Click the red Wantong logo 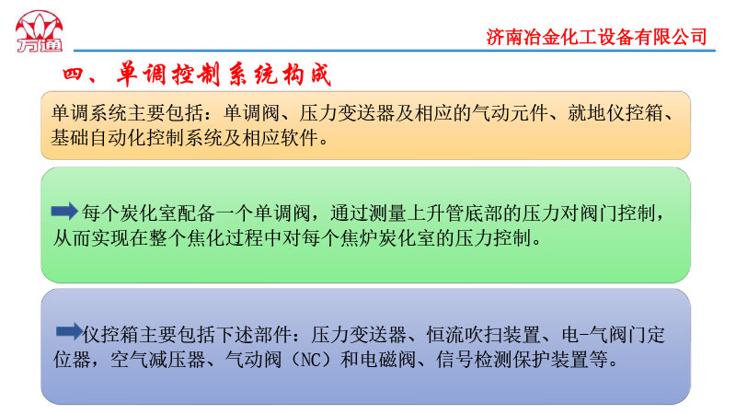[39, 31]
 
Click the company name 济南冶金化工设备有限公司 [596, 37]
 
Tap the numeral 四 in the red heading [73, 75]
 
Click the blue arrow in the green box [64, 212]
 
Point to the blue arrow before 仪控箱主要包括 [69, 332]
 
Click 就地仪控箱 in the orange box [615, 112]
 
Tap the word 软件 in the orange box [299, 137]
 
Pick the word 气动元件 [510, 112]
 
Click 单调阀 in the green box [282, 213]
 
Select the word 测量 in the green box [387, 213]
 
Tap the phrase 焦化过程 [224, 238]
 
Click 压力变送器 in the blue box [359, 335]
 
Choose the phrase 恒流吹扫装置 [483, 335]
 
